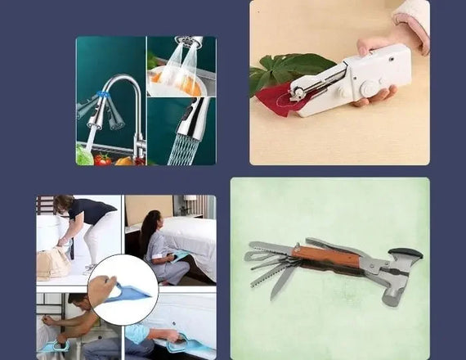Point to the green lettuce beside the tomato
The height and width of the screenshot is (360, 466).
click(84, 156)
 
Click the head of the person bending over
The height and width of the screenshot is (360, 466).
click(64, 203)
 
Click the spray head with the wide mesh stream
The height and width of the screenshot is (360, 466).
click(190, 123)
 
